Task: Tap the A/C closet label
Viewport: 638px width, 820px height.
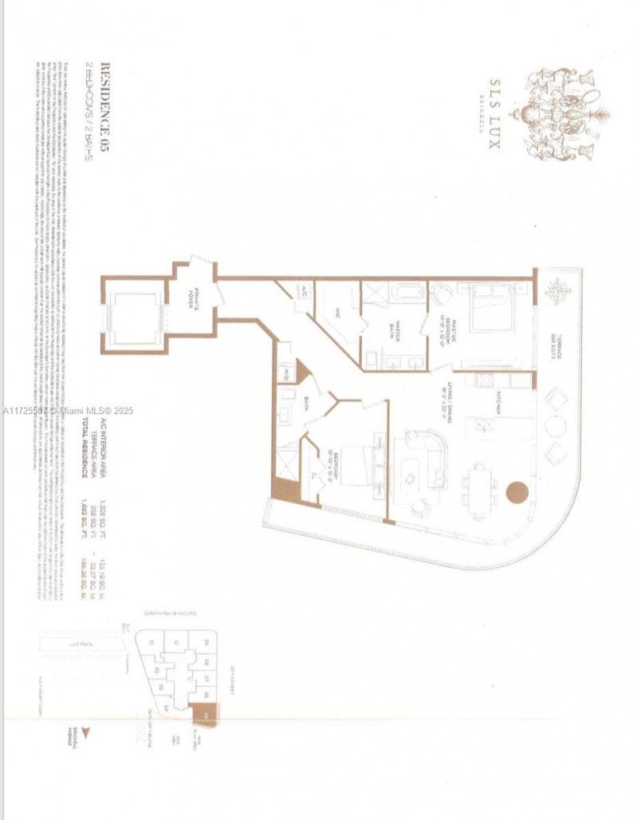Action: tap(303, 290)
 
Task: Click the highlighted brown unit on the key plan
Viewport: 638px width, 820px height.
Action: tap(206, 715)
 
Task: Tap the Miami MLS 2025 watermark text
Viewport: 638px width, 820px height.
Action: tap(67, 411)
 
